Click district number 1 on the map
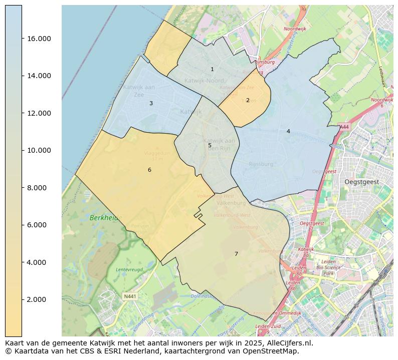point(212,70)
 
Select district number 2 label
point(248,100)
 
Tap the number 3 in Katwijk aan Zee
point(151,104)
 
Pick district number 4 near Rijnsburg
point(288,131)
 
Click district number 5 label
point(210,146)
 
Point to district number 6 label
point(149,170)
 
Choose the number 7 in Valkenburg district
point(236,254)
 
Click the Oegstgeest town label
point(362,182)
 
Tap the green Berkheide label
point(106,218)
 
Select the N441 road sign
point(130,296)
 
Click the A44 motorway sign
point(344,127)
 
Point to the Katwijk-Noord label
point(204,81)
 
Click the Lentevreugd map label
point(130,269)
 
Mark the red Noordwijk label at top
point(295,29)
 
